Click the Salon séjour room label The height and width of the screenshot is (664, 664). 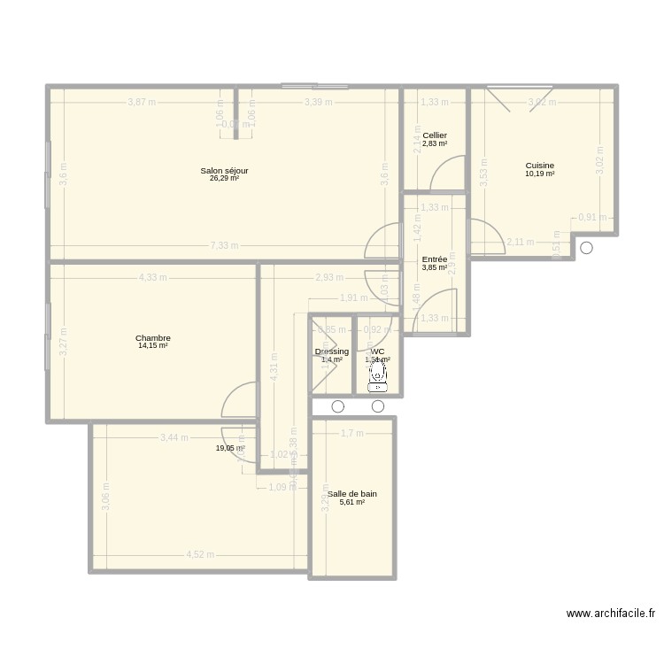pyautogui.click(x=224, y=170)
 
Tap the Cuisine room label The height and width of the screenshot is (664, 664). pyautogui.click(x=540, y=166)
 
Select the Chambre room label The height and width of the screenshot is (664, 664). pyautogui.click(x=153, y=338)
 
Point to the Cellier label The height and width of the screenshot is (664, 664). pyautogui.click(x=435, y=135)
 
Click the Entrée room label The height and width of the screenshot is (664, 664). pyautogui.click(x=435, y=259)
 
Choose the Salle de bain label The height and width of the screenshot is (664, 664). pyautogui.click(x=352, y=494)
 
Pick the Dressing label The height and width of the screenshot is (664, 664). pyautogui.click(x=332, y=351)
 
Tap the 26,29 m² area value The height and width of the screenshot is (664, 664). pyautogui.click(x=224, y=178)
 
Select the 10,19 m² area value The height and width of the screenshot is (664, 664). pyautogui.click(x=540, y=174)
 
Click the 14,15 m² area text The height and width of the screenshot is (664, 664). pyautogui.click(x=153, y=346)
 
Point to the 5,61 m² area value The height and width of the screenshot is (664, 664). pyautogui.click(x=352, y=503)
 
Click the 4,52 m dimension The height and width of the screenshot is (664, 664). pyautogui.click(x=201, y=555)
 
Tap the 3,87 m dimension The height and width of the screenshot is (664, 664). pyautogui.click(x=141, y=102)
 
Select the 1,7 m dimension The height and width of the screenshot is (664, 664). pyautogui.click(x=352, y=433)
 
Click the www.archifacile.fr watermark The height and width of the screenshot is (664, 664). pyautogui.click(x=611, y=614)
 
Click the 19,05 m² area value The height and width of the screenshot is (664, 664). pyautogui.click(x=229, y=449)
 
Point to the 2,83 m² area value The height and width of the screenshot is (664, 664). pyautogui.click(x=435, y=143)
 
